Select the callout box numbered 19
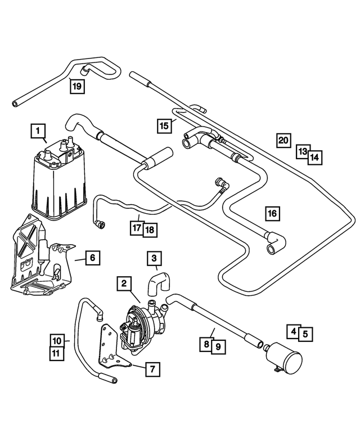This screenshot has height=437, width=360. click(x=77, y=86)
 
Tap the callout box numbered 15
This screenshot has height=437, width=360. click(x=164, y=125)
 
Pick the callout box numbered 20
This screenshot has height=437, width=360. click(x=283, y=140)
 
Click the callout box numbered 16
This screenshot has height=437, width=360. click(x=272, y=214)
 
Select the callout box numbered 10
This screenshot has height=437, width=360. click(x=57, y=341)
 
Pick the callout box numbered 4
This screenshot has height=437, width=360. click(x=293, y=332)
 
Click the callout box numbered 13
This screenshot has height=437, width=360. click(x=303, y=151)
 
